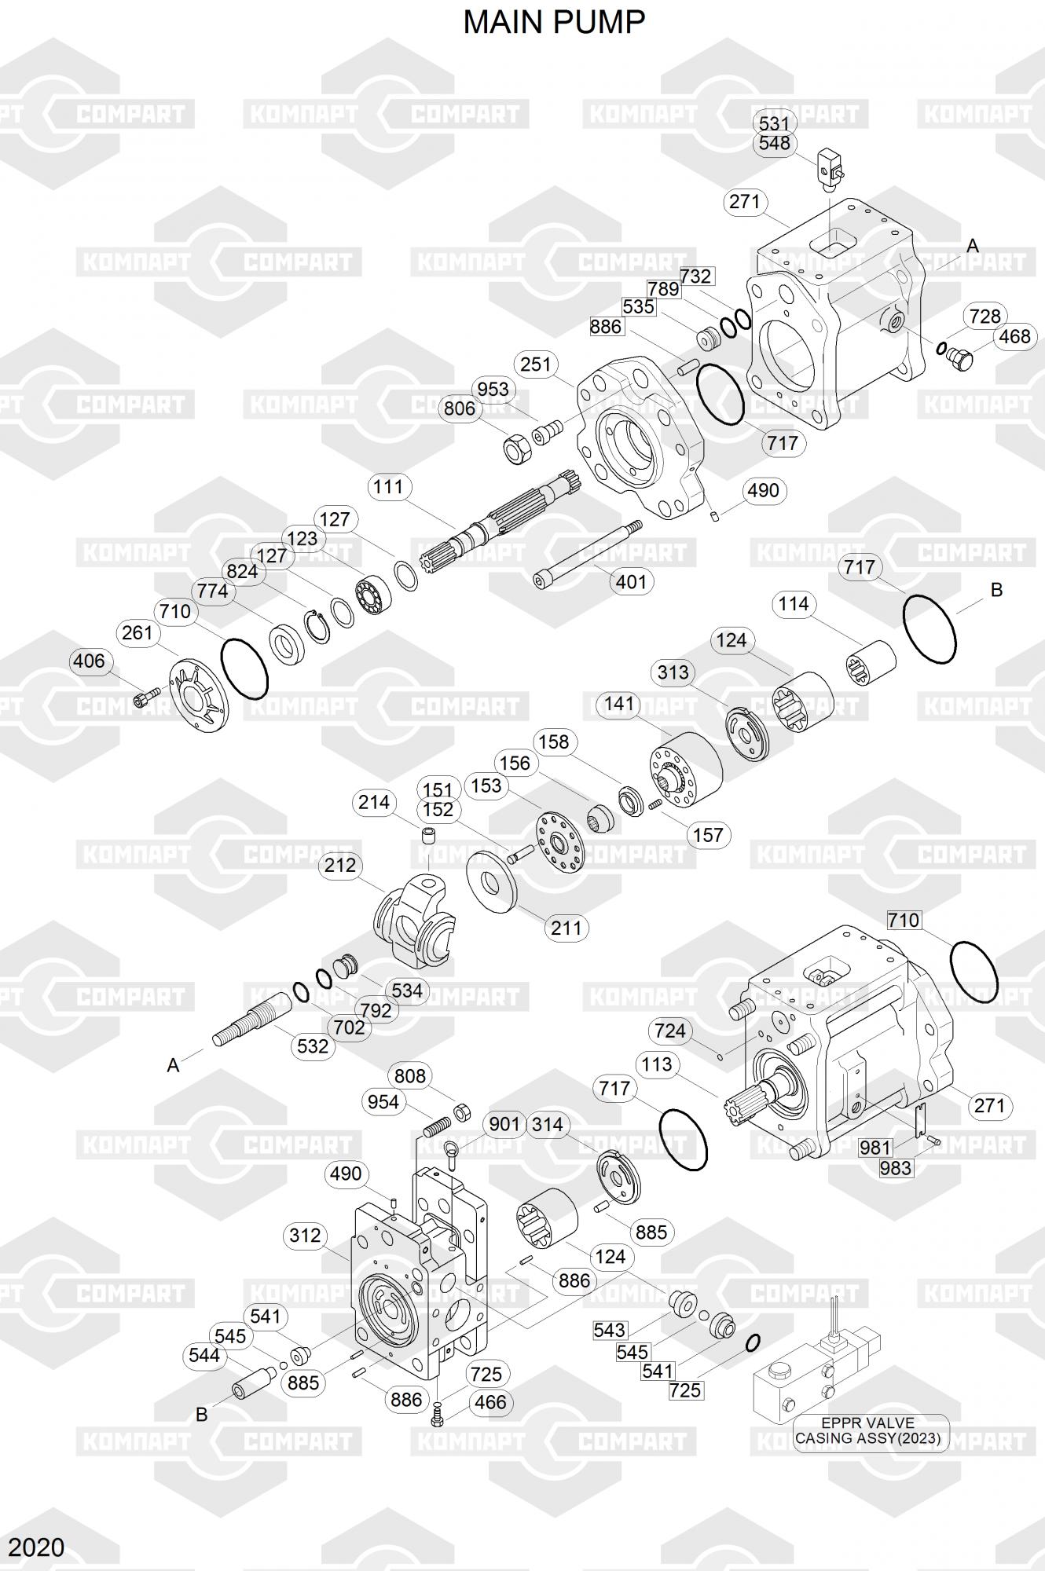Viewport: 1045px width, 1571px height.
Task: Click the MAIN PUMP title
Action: coord(554,23)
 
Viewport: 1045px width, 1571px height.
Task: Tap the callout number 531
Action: coord(774,123)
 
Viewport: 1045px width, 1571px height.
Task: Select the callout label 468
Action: coord(1014,336)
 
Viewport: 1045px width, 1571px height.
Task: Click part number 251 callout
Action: coord(536,364)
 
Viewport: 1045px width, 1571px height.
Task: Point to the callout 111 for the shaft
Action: coord(388,487)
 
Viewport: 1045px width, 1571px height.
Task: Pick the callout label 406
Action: coord(88,661)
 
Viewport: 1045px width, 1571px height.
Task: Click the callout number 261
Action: coord(137,632)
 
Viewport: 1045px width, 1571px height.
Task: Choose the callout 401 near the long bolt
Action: coord(631,582)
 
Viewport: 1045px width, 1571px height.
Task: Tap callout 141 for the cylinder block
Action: coord(618,704)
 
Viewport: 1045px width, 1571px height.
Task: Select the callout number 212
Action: coord(340,866)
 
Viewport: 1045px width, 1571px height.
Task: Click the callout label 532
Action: coord(312,1046)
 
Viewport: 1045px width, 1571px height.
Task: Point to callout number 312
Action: coord(305,1236)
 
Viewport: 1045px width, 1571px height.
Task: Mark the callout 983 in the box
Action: coord(895,1168)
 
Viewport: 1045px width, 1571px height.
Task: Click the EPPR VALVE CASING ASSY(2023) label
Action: coord(868,1430)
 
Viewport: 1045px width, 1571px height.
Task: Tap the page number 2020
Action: coord(37,1547)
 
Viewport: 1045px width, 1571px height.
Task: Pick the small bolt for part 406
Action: coord(147,696)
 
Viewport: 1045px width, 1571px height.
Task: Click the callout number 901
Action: coord(504,1125)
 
